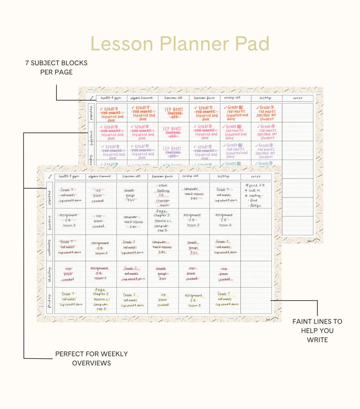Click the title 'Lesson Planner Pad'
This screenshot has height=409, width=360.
(x=180, y=44)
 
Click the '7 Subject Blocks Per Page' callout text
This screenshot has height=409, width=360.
(x=56, y=68)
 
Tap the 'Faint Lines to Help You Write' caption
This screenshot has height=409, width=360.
(x=317, y=331)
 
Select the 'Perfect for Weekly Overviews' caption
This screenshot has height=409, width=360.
(x=91, y=358)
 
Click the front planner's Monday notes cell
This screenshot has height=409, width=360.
(x=256, y=195)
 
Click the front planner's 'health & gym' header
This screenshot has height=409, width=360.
(x=70, y=176)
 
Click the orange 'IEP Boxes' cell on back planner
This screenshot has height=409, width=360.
(x=174, y=113)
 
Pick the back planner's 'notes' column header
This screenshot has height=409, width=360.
(x=298, y=98)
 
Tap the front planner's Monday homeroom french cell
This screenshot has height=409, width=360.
(x=163, y=195)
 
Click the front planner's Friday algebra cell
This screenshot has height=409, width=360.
(x=101, y=300)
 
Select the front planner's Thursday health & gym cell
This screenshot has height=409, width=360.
(x=70, y=274)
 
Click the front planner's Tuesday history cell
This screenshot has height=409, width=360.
(x=225, y=221)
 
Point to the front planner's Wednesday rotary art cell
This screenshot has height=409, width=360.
(x=194, y=248)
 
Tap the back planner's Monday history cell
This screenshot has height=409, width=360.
(x=267, y=113)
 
